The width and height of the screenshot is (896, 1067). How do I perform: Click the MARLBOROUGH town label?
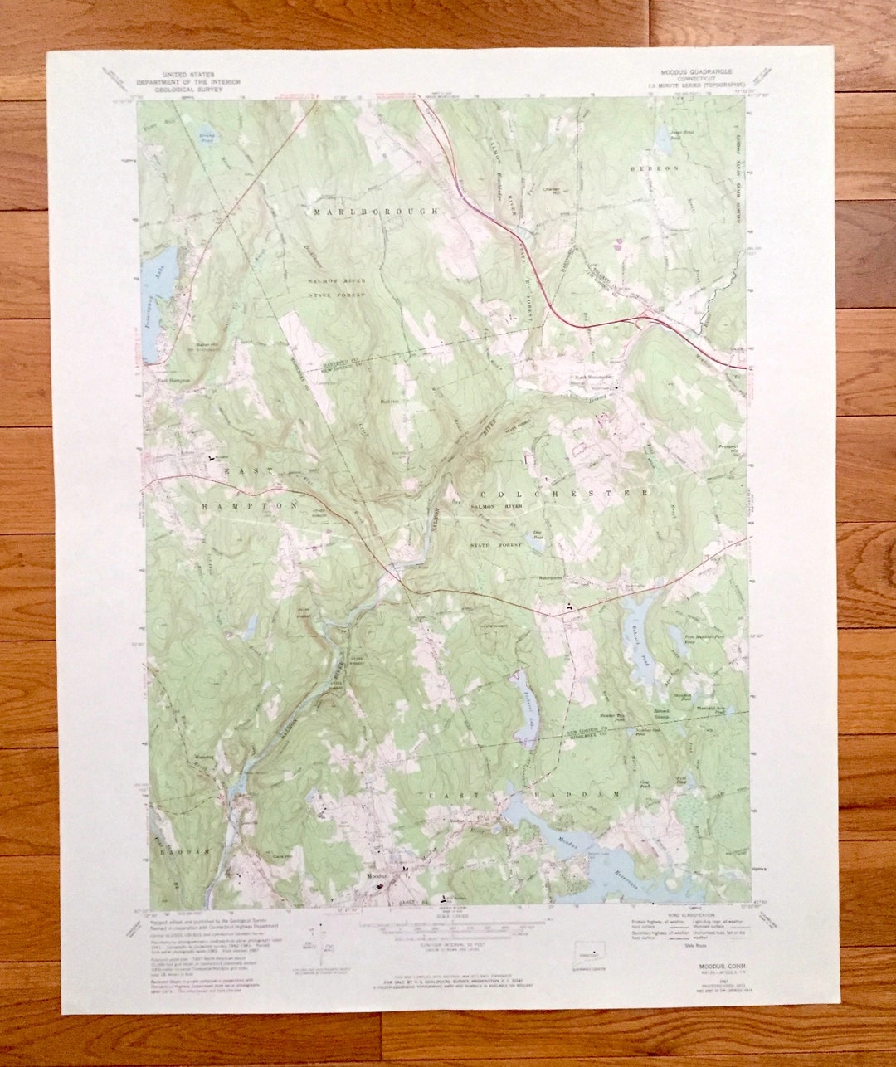[x=375, y=212]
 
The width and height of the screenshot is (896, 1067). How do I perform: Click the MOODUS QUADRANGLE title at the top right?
[x=696, y=73]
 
